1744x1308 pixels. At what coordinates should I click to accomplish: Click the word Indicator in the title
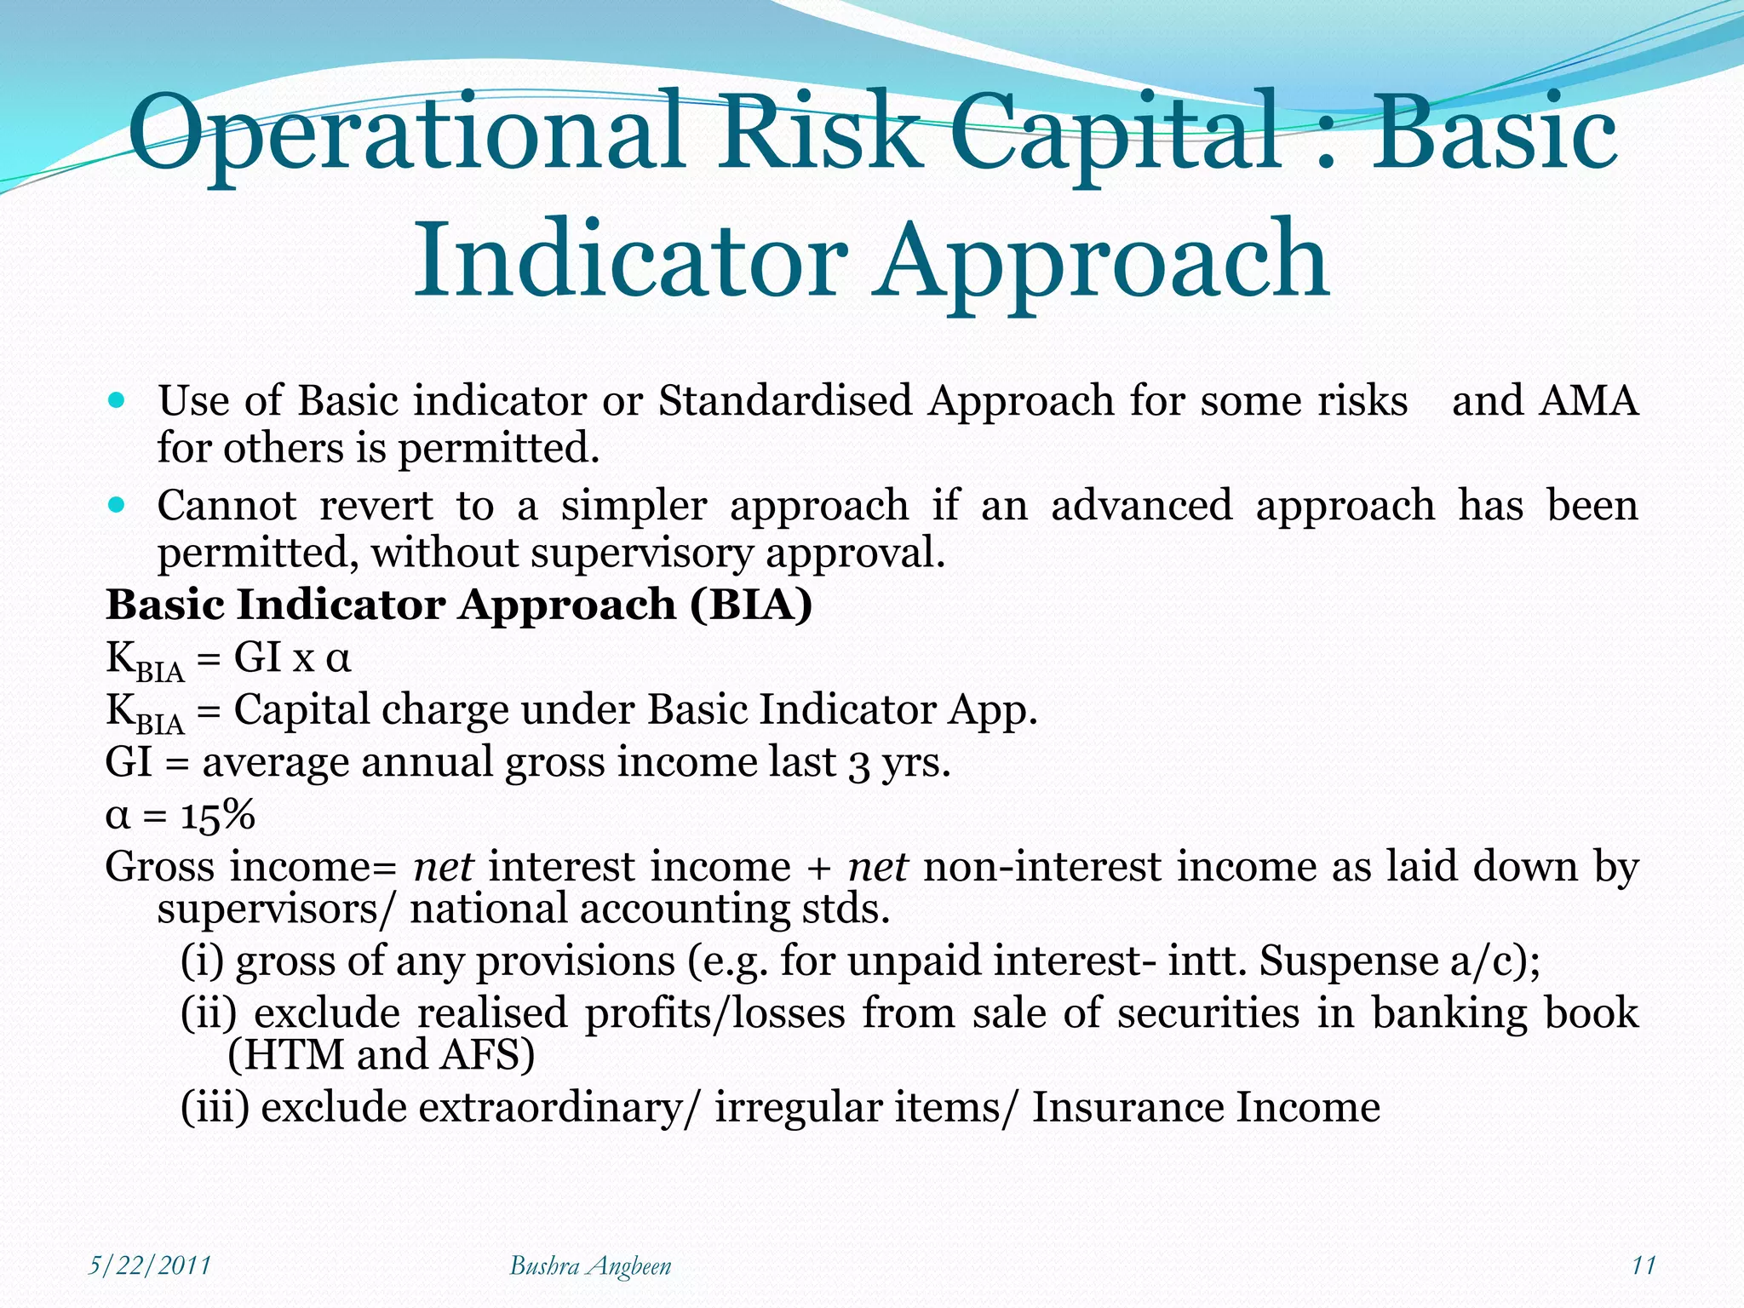pos(630,260)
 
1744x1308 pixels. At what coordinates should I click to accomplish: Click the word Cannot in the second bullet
pos(227,505)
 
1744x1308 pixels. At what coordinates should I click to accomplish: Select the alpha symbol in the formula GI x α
pos(338,658)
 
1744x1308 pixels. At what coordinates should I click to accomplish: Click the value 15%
pos(218,815)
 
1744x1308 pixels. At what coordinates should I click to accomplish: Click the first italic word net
pos(443,867)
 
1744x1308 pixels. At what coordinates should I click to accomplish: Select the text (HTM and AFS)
pos(381,1054)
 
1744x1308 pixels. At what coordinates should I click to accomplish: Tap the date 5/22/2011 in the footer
pos(150,1265)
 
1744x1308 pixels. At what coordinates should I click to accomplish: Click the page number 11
pos(1643,1265)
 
